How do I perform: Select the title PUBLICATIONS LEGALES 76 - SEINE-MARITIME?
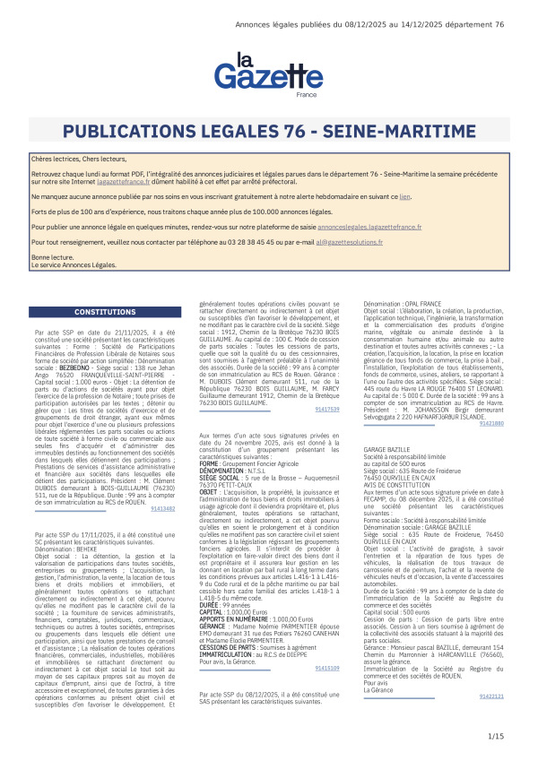268,133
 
